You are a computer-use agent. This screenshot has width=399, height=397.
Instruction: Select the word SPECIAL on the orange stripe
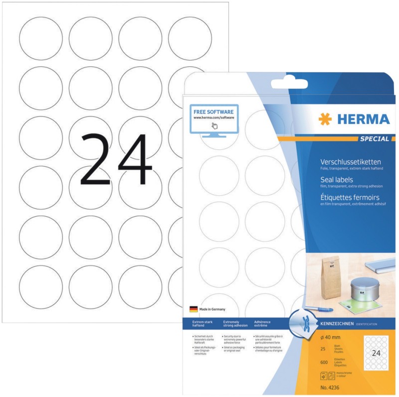click(374, 138)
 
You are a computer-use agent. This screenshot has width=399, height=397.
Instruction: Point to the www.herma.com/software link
click(214, 118)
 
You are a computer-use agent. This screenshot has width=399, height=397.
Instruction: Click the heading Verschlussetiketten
click(350, 162)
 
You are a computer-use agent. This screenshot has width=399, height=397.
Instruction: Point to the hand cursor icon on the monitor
click(214, 125)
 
